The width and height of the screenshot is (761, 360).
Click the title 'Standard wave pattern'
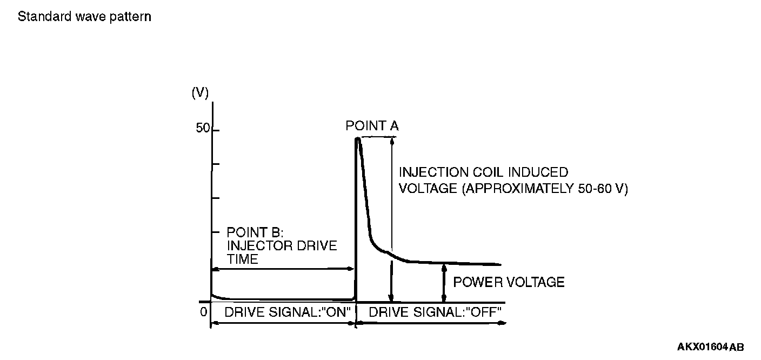click(84, 17)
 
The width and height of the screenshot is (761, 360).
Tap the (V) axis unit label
click(200, 92)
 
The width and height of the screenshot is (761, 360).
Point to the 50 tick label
click(203, 130)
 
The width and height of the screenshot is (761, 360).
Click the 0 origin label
click(203, 312)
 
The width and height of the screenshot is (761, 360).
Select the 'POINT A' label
click(372, 126)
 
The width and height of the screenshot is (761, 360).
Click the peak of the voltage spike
click(357, 139)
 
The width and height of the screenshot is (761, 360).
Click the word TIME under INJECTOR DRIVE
click(242, 259)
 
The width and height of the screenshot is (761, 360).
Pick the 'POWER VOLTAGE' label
click(509, 282)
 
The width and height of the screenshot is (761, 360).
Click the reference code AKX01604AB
click(710, 347)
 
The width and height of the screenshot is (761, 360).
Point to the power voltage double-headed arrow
click(444, 283)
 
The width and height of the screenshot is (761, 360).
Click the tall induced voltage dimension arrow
click(391, 216)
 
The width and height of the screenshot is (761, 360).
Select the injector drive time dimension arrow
click(283, 269)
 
